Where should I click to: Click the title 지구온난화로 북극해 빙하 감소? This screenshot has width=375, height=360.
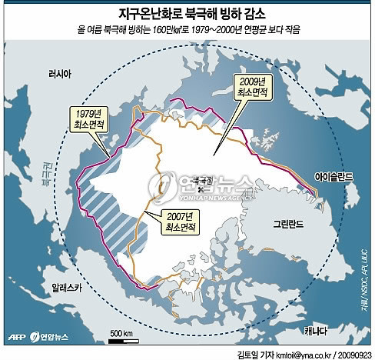click(x=187, y=13)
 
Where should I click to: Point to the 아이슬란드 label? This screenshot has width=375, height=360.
click(x=333, y=176)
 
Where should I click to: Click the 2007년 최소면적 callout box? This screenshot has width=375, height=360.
click(x=181, y=222)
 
